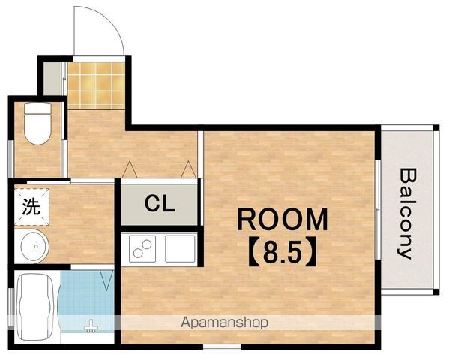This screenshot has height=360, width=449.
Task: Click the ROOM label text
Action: (x=283, y=220)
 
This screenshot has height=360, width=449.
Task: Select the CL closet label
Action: (x=160, y=203)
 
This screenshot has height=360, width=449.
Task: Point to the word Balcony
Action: (x=406, y=213)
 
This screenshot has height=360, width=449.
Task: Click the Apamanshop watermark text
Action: (x=225, y=322)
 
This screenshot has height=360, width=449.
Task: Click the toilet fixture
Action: (x=37, y=124)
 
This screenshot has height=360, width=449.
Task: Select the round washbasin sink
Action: (x=35, y=246)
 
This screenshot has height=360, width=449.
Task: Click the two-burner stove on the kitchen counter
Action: (x=142, y=248)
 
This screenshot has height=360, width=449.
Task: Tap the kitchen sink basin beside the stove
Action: (x=180, y=248)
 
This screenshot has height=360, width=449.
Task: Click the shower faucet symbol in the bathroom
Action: (x=91, y=326)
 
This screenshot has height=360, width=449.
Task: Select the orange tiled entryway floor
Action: (x=96, y=85)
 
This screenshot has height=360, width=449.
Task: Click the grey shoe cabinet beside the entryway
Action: (x=52, y=79)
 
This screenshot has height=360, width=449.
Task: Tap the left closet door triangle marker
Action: (x=130, y=169)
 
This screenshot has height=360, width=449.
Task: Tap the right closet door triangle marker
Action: (x=188, y=169)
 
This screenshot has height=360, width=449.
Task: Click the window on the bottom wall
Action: (x=222, y=347)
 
